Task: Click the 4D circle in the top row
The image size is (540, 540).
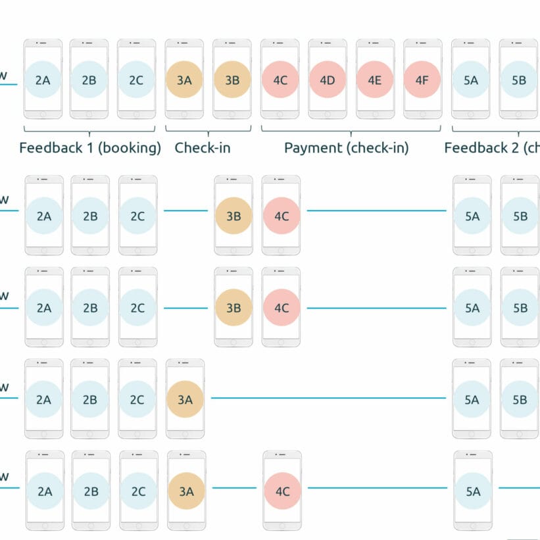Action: [328, 80]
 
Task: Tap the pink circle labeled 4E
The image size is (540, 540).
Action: [375, 80]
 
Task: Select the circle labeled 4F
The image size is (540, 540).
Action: [422, 80]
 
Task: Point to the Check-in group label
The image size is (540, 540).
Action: [203, 147]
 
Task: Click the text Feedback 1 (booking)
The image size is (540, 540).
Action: [90, 147]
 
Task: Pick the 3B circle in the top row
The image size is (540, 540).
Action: [232, 80]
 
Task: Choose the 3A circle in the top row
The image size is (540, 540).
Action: [184, 80]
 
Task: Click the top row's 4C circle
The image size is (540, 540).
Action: [280, 80]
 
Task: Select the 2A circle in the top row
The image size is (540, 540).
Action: [43, 80]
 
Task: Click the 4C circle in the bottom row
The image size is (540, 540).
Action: [282, 491]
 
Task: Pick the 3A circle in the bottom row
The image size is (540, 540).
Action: [186, 491]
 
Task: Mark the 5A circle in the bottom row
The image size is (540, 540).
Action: [473, 491]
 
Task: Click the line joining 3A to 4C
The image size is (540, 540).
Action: [234, 488]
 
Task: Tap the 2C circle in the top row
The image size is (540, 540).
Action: [136, 80]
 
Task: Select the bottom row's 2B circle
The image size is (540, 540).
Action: [91, 491]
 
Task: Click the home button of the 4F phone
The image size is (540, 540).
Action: [422, 113]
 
